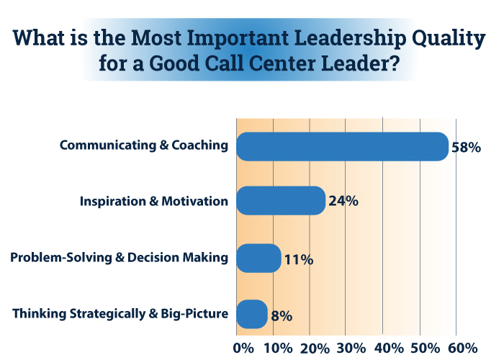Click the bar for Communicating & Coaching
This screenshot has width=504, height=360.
point(342,146)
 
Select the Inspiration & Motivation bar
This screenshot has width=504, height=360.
point(281,201)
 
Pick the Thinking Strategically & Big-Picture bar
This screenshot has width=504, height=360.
point(252,315)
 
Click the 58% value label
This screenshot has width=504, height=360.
point(465,148)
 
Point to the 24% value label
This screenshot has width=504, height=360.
point(343,202)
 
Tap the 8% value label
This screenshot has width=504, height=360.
point(282,315)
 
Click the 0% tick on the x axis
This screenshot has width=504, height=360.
point(244,348)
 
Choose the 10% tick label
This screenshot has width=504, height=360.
point(278,348)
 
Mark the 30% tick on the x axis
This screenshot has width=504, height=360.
point(351,348)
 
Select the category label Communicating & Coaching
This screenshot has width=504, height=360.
point(144,145)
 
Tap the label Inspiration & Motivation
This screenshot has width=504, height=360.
point(154,201)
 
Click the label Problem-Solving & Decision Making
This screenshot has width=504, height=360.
point(120,257)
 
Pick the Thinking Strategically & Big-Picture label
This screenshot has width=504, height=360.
point(121,314)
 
